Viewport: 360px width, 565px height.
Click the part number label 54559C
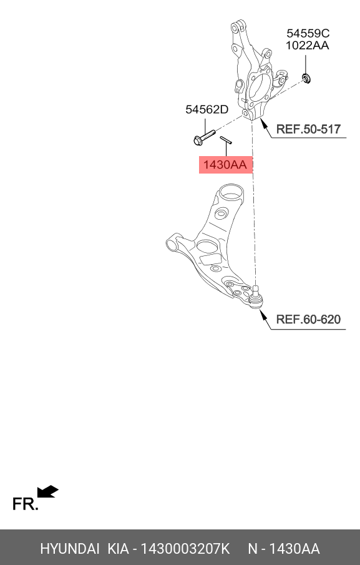[x=308, y=33]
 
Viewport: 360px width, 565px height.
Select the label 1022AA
[x=307, y=46]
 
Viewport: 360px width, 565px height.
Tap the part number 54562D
[x=207, y=109]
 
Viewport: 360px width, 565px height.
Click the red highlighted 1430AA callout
[x=226, y=165]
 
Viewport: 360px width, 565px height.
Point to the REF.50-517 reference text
[x=308, y=129]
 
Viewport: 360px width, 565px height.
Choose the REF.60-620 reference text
[x=308, y=319]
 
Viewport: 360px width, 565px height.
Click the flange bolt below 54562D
[x=204, y=137]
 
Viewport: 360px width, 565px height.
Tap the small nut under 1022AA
[x=306, y=78]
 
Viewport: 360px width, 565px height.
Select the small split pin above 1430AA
[x=226, y=140]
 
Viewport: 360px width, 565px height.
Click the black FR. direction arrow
[x=47, y=491]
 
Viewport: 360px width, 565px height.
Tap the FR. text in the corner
[x=25, y=504]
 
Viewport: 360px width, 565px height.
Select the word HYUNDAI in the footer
[x=69, y=549]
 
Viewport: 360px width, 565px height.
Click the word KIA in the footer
[x=118, y=549]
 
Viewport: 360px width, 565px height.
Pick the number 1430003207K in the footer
[x=185, y=549]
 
